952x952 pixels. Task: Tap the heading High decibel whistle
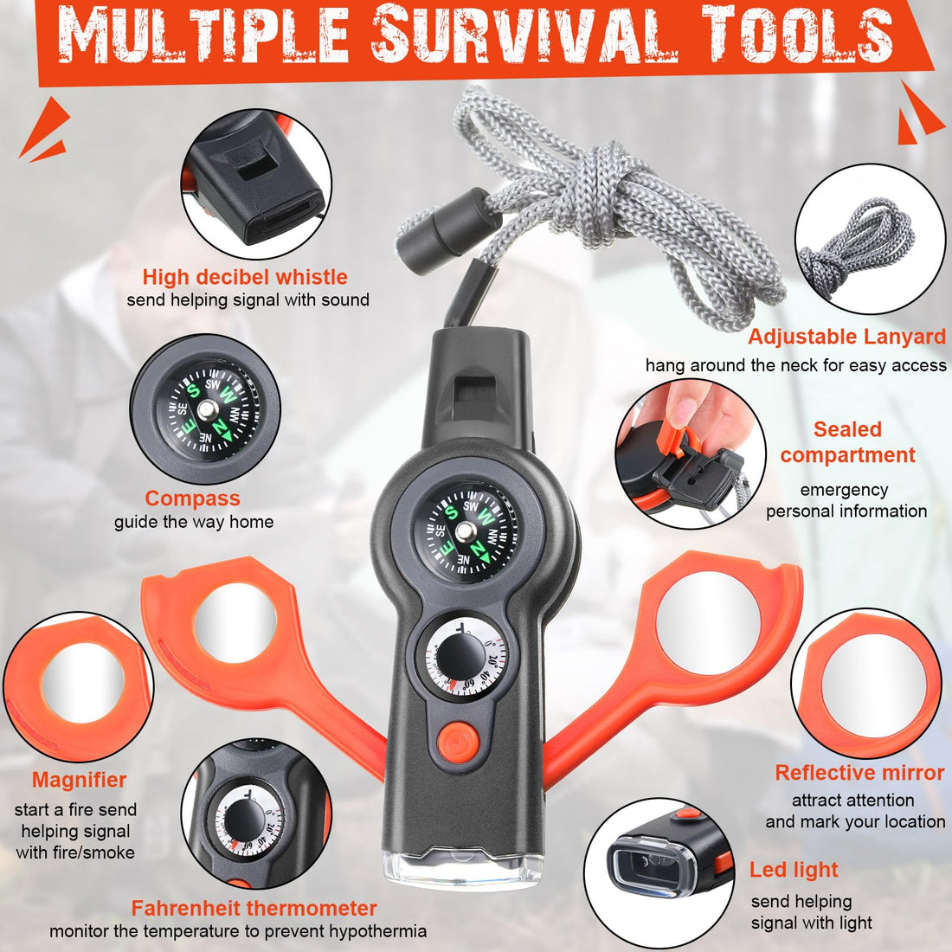pos(245,277)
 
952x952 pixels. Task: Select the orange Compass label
pos(192,499)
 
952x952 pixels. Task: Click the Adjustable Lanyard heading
pos(847,337)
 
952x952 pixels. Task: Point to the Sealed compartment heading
pos(847,442)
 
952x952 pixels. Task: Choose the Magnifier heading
pos(79,780)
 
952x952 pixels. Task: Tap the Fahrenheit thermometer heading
pos(254,908)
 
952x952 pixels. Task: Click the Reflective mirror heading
pos(859,772)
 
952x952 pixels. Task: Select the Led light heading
pos(794,870)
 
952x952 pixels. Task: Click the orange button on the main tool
pos(458,742)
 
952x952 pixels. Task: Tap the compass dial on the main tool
pos(466,533)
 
